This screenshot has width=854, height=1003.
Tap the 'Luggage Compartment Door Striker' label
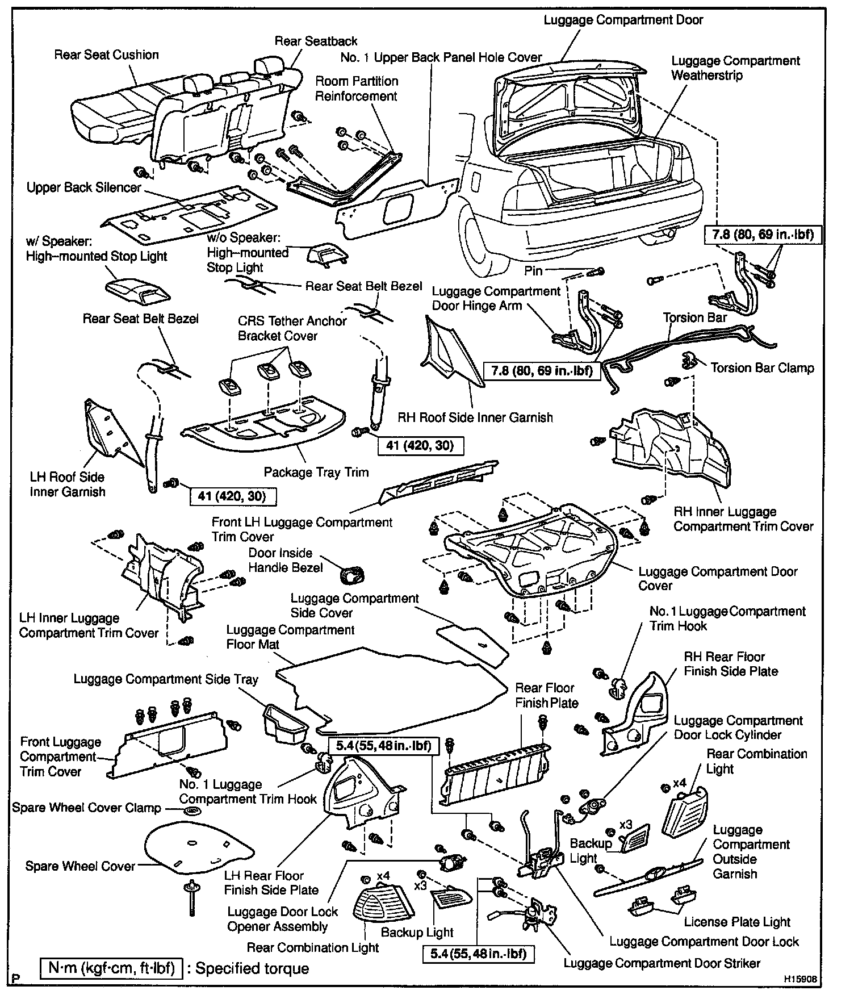[x=662, y=963]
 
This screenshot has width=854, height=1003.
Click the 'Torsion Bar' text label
[x=694, y=317]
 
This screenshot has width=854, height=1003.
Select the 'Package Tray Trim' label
[x=316, y=472]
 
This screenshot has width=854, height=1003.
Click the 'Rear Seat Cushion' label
[x=106, y=55]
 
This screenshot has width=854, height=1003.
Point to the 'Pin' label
[x=533, y=271]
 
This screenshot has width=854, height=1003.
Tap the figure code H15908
[x=801, y=979]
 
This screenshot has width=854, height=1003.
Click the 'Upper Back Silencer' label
[x=83, y=187]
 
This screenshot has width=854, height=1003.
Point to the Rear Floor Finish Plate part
[x=497, y=770]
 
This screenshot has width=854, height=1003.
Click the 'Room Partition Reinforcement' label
[x=356, y=89]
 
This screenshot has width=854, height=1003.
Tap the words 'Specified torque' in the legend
[x=252, y=968]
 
